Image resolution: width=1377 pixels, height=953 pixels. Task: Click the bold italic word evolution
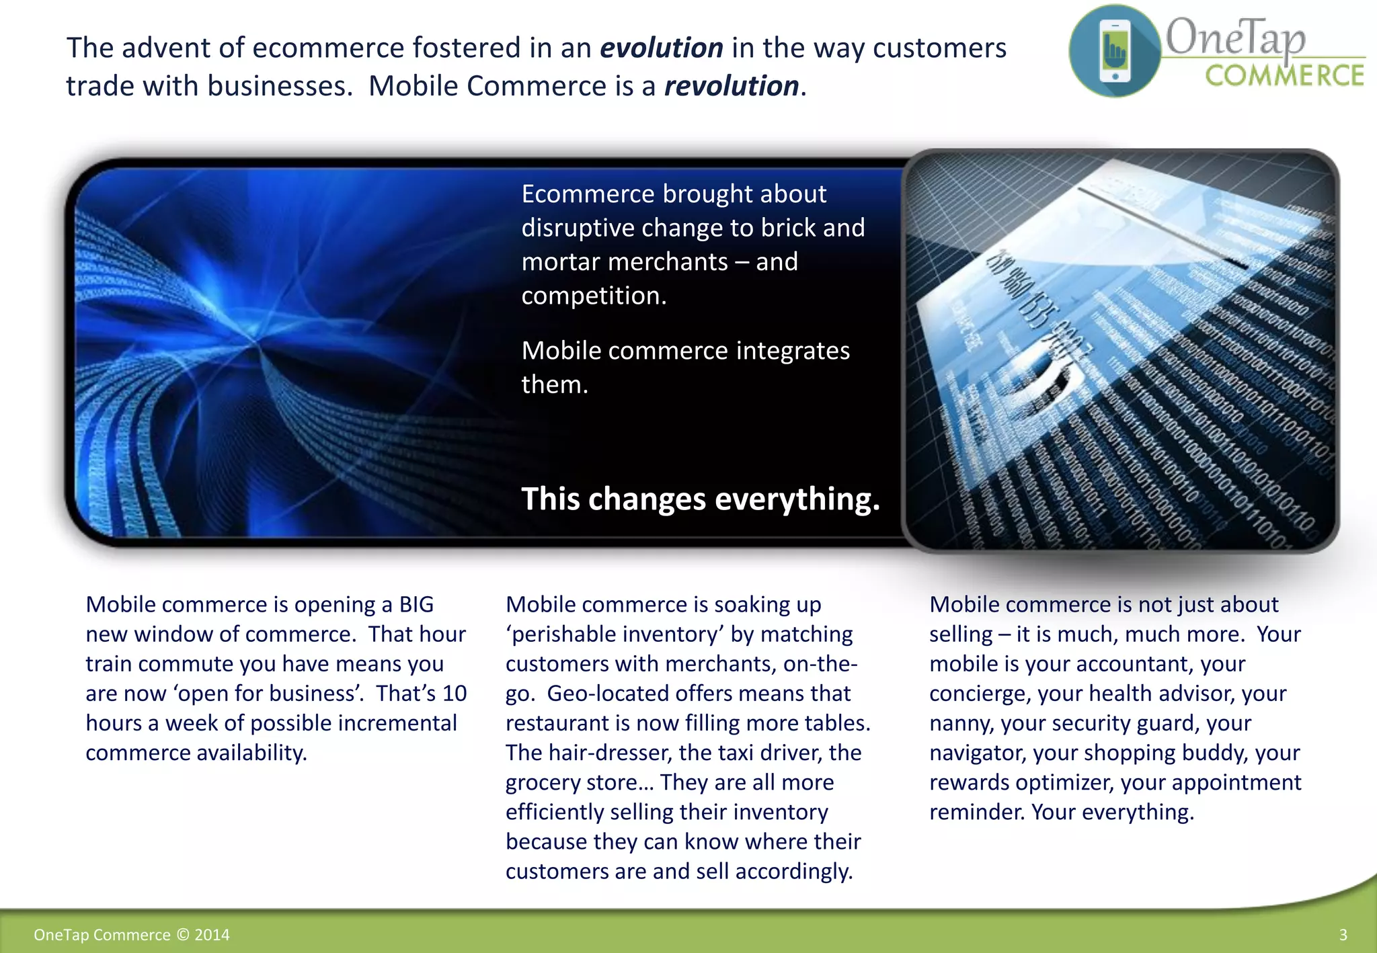661,48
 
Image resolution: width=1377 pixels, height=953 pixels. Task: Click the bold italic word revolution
731,87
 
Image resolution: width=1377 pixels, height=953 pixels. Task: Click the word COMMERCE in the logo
1284,76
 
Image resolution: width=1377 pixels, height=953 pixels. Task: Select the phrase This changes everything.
700,499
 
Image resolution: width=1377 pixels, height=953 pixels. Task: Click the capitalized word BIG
416,605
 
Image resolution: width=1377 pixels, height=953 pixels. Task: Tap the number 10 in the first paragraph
455,694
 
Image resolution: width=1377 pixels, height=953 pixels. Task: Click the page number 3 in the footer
1343,935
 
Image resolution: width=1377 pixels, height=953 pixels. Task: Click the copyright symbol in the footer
183,935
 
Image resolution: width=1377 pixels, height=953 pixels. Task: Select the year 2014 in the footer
212,935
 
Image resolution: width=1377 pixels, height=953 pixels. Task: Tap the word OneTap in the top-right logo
1234,37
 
